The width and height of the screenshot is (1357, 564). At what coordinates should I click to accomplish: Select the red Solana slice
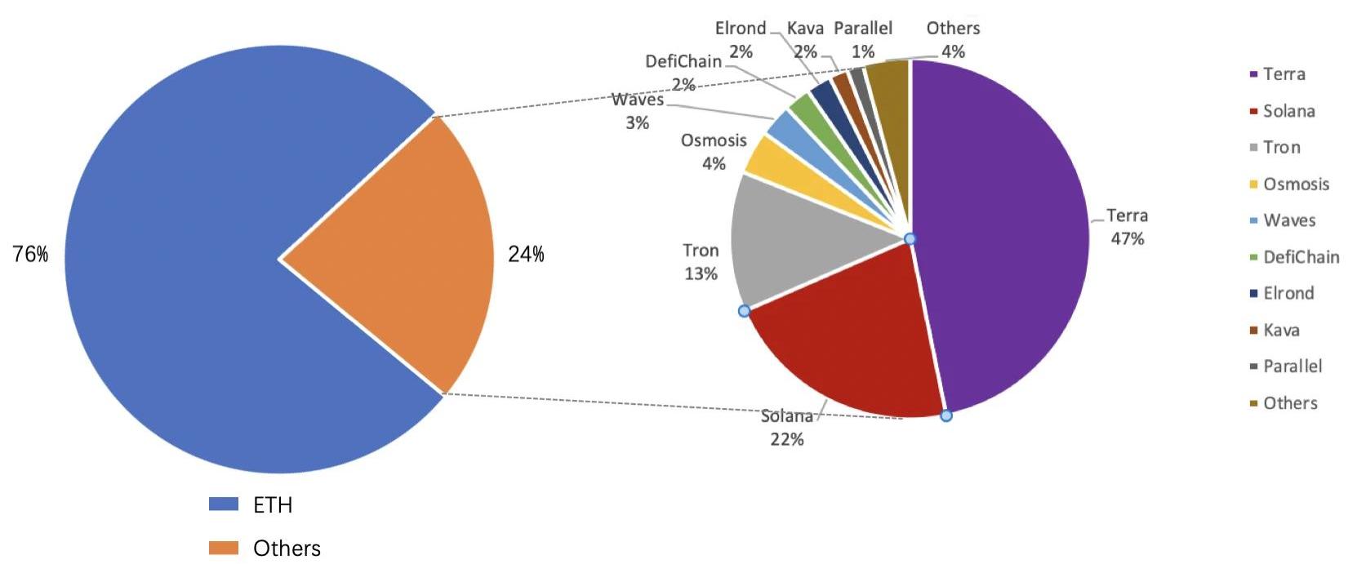coord(849,343)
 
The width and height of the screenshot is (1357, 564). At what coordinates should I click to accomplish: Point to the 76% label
coord(30,255)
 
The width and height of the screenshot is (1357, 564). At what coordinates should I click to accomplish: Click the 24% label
coord(526,255)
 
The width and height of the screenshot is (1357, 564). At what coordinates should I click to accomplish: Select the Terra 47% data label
coord(1127,227)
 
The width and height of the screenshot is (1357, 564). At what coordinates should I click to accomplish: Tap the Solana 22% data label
coord(787,428)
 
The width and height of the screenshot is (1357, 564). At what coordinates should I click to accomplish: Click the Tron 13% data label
coord(701,262)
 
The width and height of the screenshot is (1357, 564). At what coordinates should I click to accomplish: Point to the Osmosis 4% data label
coord(714,152)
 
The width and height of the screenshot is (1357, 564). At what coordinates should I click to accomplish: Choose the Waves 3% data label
coord(638,111)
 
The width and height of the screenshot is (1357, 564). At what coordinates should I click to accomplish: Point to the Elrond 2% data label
coord(741,39)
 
